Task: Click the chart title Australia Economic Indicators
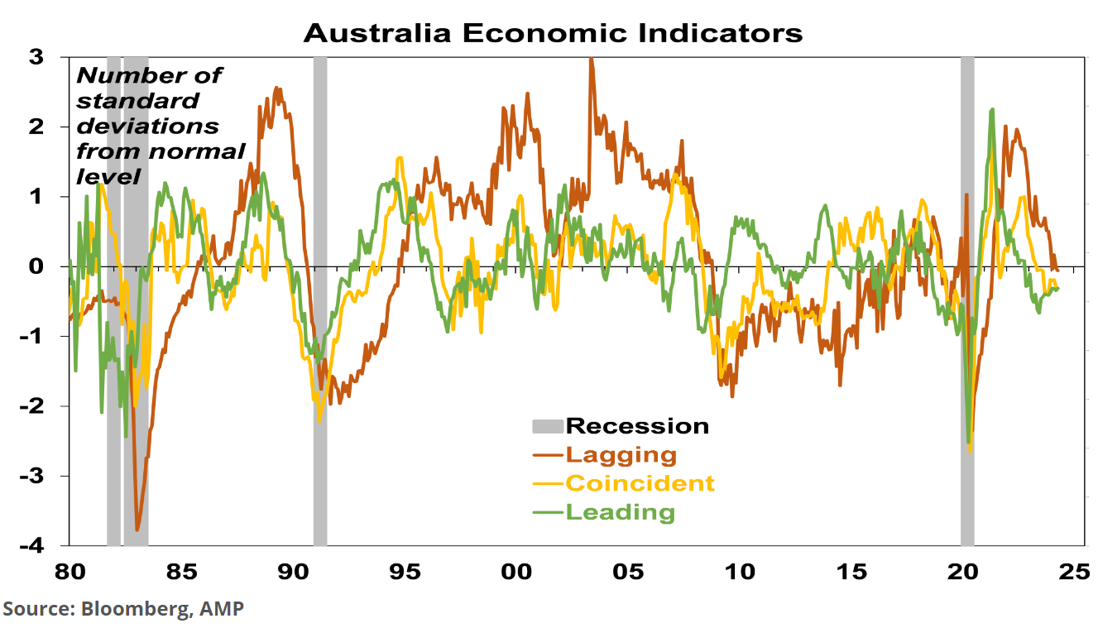coord(553,33)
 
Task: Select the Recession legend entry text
coord(637,426)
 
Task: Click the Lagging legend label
coord(621,454)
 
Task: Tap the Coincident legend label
coord(640,483)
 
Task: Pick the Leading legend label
coord(620,512)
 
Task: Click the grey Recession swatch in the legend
coord(546,427)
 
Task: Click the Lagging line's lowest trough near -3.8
coord(137,529)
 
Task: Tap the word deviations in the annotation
coord(148,126)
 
